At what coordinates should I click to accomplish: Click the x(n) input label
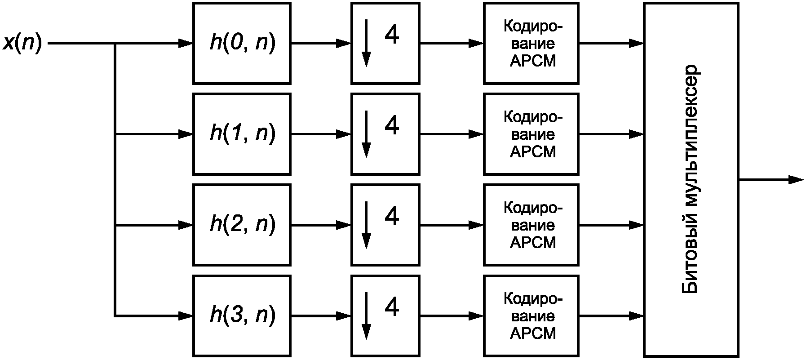pyautogui.click(x=22, y=44)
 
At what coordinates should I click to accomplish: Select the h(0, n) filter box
pyautogui.click(x=242, y=43)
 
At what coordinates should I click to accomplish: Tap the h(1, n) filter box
pyautogui.click(x=242, y=134)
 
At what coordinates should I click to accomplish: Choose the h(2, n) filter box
pyautogui.click(x=242, y=225)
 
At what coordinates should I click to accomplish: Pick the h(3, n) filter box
pyautogui.click(x=242, y=316)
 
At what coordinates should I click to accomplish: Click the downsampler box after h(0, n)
pyautogui.click(x=385, y=43)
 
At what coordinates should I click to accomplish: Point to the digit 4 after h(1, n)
pyautogui.click(x=392, y=126)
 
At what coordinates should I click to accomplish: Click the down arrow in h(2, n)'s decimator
pyautogui.click(x=367, y=225)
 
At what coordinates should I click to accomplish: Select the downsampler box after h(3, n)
pyautogui.click(x=385, y=316)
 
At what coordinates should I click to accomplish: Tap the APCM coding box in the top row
pyautogui.click(x=531, y=43)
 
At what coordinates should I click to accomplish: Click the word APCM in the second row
pyautogui.click(x=533, y=152)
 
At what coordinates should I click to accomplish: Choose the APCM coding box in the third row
pyautogui.click(x=531, y=225)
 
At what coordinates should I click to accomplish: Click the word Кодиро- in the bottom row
pyautogui.click(x=533, y=299)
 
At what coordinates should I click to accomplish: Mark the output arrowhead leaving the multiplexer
pyautogui.click(x=796, y=180)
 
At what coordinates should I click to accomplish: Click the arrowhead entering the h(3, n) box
pyautogui.click(x=186, y=316)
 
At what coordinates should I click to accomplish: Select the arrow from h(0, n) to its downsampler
pyautogui.click(x=321, y=43)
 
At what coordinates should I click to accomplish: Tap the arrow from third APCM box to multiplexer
pyautogui.click(x=611, y=225)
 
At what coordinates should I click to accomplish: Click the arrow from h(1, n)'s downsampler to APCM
pyautogui.click(x=452, y=134)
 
